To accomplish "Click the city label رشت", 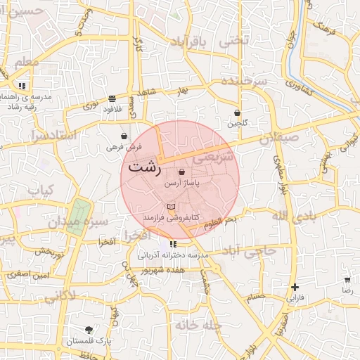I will click(145, 169).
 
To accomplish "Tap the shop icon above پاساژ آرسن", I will click(182, 172).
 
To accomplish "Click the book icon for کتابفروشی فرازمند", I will click(172, 206).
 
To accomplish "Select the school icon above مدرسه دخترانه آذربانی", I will click(173, 244).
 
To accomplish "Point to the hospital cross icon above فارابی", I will click(295, 287).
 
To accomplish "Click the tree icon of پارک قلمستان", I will click(88, 330).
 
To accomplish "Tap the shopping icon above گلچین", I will click(237, 112).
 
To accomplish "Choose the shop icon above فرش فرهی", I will click(124, 136).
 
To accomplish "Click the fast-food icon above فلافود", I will click(112, 98).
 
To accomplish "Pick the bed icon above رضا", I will click(346, 278).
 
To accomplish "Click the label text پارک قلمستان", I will click(89, 342).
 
